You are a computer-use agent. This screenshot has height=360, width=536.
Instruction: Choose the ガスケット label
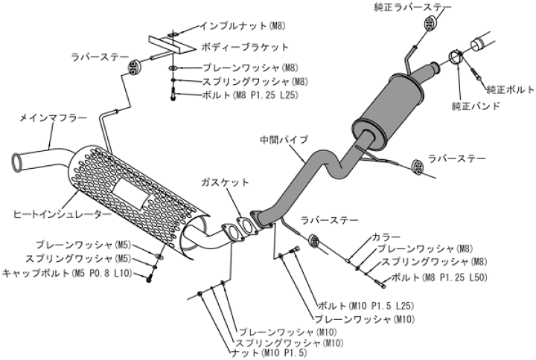pyautogui.click(x=226, y=182)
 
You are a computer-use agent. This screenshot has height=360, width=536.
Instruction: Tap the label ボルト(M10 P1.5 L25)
pyautogui.click(x=364, y=306)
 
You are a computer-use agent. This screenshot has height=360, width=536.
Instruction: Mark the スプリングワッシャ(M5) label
pyautogui.click(x=68, y=258)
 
